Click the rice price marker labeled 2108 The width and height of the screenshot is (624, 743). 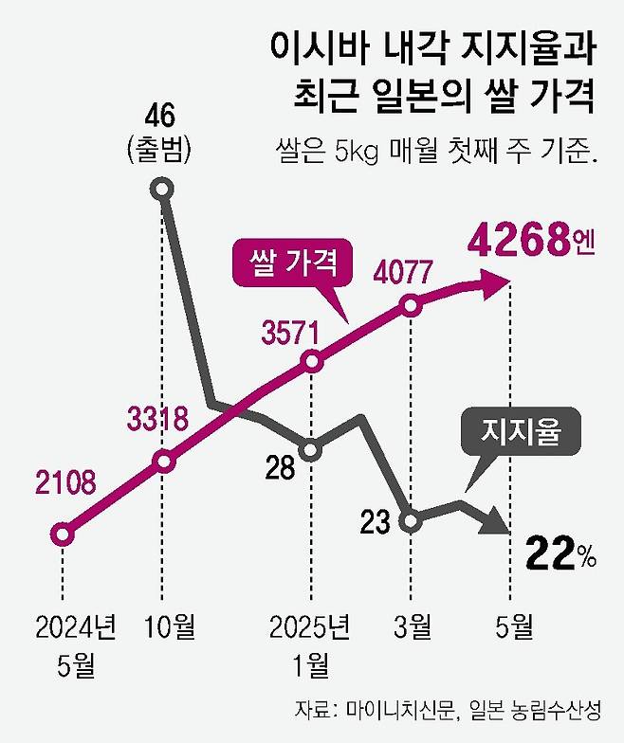pyautogui.click(x=63, y=535)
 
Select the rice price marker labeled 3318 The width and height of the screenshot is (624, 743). pyautogui.click(x=164, y=462)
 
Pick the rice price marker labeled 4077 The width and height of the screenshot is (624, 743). pyautogui.click(x=411, y=305)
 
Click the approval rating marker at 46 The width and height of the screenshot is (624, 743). pyautogui.click(x=162, y=190)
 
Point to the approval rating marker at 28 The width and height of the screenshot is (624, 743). pyautogui.click(x=310, y=449)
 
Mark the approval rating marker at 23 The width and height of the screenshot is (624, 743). pyautogui.click(x=411, y=520)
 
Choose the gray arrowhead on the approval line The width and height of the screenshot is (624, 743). pyautogui.click(x=497, y=521)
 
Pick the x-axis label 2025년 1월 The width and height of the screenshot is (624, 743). pyautogui.click(x=309, y=643)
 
